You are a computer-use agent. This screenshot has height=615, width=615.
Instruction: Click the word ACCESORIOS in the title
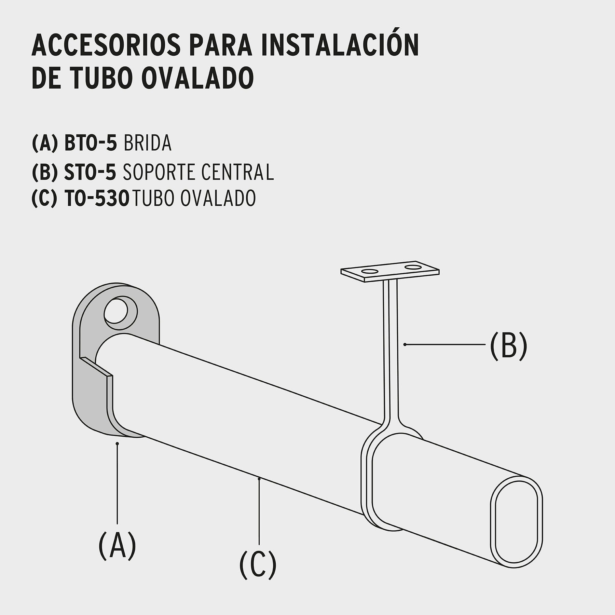tap(106, 45)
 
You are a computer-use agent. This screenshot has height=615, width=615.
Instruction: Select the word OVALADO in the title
tap(197, 78)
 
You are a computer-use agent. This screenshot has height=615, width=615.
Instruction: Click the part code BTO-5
tap(91, 143)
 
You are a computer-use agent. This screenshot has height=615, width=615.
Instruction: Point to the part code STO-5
tap(90, 172)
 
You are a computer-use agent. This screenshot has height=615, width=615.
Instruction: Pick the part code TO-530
tap(97, 199)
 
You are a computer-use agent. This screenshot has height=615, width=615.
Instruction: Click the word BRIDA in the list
tap(147, 143)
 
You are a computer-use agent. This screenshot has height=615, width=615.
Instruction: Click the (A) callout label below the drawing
tap(117, 545)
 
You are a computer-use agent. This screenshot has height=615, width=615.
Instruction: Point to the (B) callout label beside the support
tap(508, 345)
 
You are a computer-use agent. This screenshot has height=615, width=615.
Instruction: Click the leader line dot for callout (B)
tap(405, 345)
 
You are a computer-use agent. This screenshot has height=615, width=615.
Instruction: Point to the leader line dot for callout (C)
tap(260, 479)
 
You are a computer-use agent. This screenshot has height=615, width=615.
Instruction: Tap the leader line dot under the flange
tap(117, 443)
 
